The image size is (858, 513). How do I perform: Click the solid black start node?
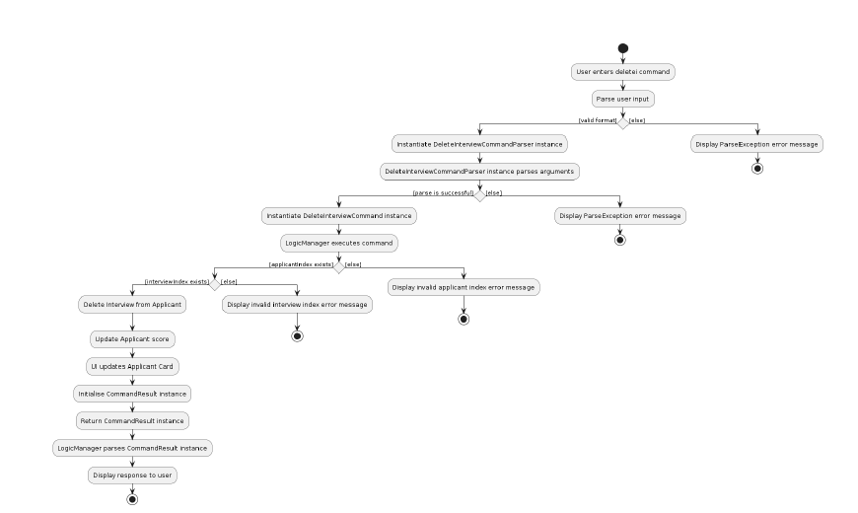[622, 48]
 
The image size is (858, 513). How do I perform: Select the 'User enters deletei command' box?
[622, 72]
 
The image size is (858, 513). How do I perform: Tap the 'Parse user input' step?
[622, 99]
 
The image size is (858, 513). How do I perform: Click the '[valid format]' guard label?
[597, 120]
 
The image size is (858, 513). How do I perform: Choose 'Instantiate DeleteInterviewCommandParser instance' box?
[479, 144]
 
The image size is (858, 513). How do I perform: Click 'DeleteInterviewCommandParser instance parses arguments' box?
[479, 171]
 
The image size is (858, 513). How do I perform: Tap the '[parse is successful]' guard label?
[443, 192]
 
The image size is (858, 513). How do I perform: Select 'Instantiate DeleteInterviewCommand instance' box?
[338, 215]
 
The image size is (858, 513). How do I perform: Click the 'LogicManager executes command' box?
[338, 241]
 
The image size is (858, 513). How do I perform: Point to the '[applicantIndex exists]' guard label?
[300, 263]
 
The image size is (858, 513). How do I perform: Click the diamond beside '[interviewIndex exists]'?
[214, 283]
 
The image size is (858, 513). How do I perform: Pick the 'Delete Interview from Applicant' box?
[132, 305]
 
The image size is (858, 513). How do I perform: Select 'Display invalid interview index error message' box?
[297, 305]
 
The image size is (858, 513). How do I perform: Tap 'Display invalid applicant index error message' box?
[463, 287]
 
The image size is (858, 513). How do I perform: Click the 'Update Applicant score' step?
[132, 339]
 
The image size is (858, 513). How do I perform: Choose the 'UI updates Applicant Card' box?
[132, 366]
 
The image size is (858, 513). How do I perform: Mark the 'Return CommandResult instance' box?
[132, 420]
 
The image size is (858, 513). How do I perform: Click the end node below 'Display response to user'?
[132, 499]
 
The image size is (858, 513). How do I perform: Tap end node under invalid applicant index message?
[463, 320]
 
